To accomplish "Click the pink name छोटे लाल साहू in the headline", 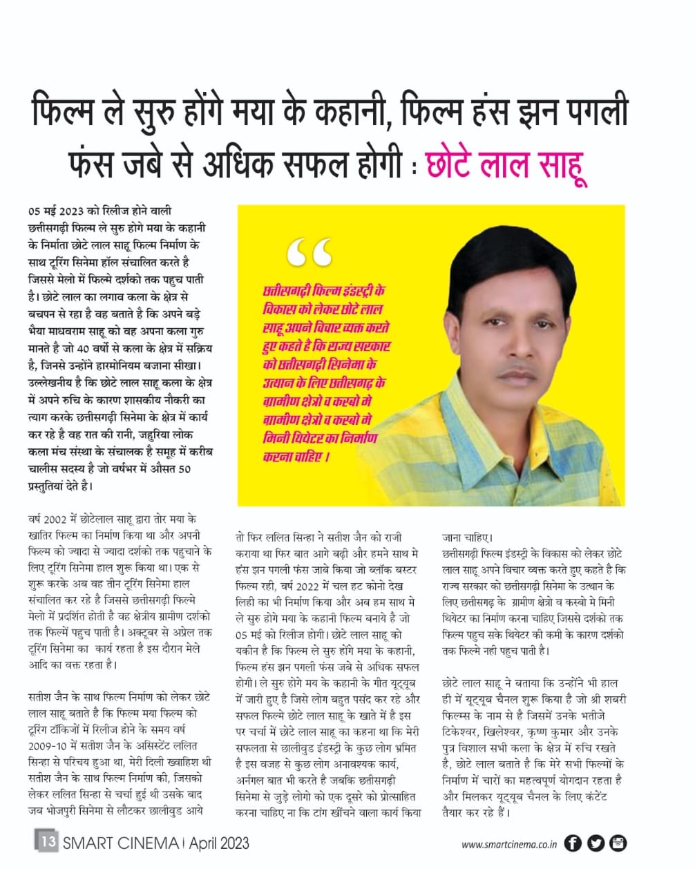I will [x=506, y=164].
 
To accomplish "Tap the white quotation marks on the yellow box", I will [x=309, y=253].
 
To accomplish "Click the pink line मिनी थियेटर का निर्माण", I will [x=320, y=438].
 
